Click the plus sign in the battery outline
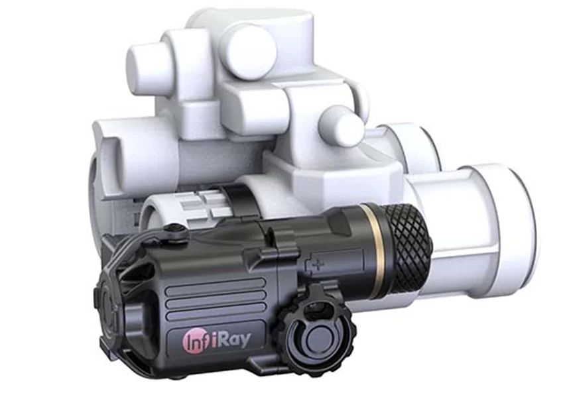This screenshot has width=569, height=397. click(x=318, y=265)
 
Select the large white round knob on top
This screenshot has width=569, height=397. click(x=249, y=52)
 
